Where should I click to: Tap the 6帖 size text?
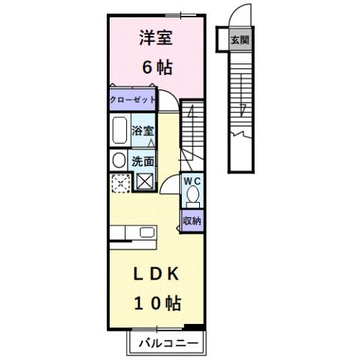tap(156, 67)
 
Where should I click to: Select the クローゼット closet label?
tap(132, 100)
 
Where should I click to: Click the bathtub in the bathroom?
tap(119, 132)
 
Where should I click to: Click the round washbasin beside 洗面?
tap(118, 160)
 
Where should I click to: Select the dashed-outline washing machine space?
tap(119, 182)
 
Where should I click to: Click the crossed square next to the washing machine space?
tap(144, 181)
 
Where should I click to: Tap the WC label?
tap(192, 180)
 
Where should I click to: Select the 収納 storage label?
tap(192, 221)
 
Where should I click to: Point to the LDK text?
tap(155, 275)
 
